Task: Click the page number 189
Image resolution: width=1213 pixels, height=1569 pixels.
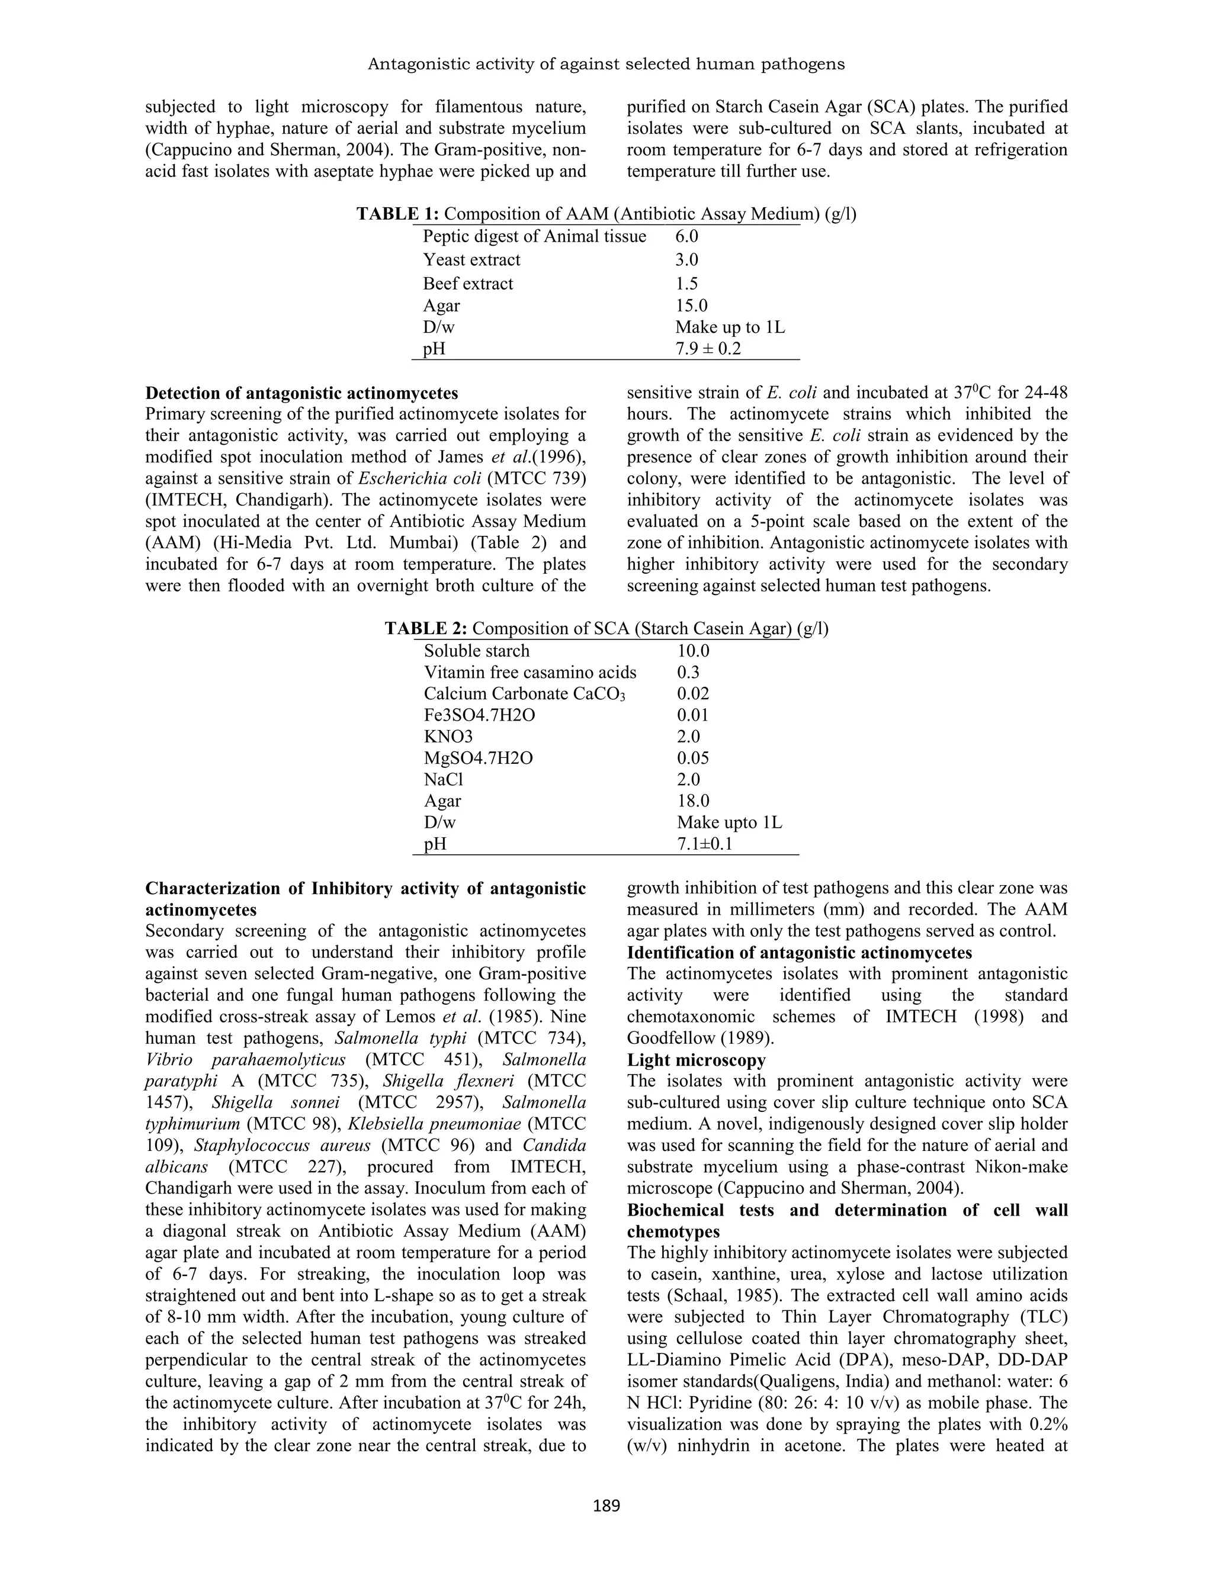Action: [x=606, y=1505]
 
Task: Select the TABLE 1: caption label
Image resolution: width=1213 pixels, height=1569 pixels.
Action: [x=397, y=214]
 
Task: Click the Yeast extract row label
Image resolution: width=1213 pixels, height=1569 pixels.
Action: [x=471, y=259]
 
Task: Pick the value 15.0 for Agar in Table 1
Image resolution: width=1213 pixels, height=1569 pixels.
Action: [x=691, y=306]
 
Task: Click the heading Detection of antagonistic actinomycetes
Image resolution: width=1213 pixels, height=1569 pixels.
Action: [x=301, y=393]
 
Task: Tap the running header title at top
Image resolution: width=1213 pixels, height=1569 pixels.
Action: [x=606, y=65]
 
